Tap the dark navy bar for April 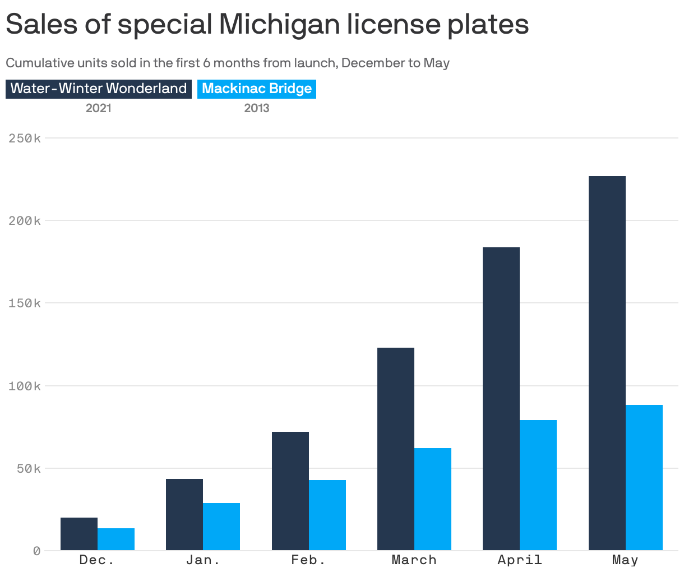pyautogui.click(x=501, y=399)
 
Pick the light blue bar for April pyautogui.click(x=538, y=485)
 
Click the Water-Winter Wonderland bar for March pyautogui.click(x=395, y=449)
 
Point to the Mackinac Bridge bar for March pyautogui.click(x=432, y=499)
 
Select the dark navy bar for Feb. pyautogui.click(x=290, y=491)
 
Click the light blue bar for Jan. pyautogui.click(x=221, y=527)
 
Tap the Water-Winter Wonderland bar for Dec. pyautogui.click(x=78, y=534)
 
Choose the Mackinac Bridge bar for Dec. pyautogui.click(x=115, y=539)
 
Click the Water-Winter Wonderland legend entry pyautogui.click(x=99, y=89)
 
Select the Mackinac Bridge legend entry pyautogui.click(x=257, y=89)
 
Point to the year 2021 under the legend pyautogui.click(x=99, y=108)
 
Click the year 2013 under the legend pyautogui.click(x=257, y=108)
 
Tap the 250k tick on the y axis pyautogui.click(x=25, y=138)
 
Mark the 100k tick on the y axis pyautogui.click(x=25, y=386)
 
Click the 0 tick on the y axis pyautogui.click(x=36, y=551)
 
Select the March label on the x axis pyautogui.click(x=414, y=560)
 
